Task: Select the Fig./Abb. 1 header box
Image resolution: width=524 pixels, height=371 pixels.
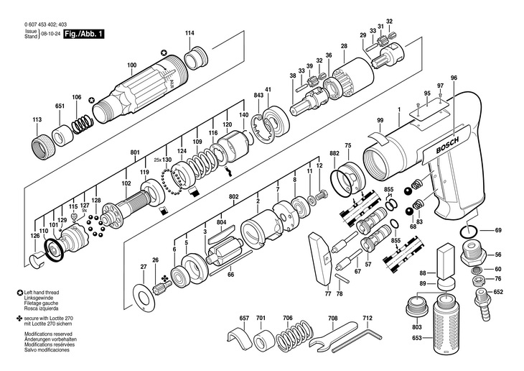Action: (x=85, y=34)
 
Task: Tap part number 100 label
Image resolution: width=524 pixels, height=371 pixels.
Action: (x=131, y=66)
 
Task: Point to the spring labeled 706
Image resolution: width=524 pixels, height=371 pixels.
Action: (x=288, y=336)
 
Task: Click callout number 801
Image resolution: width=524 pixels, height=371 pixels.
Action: (x=134, y=153)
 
